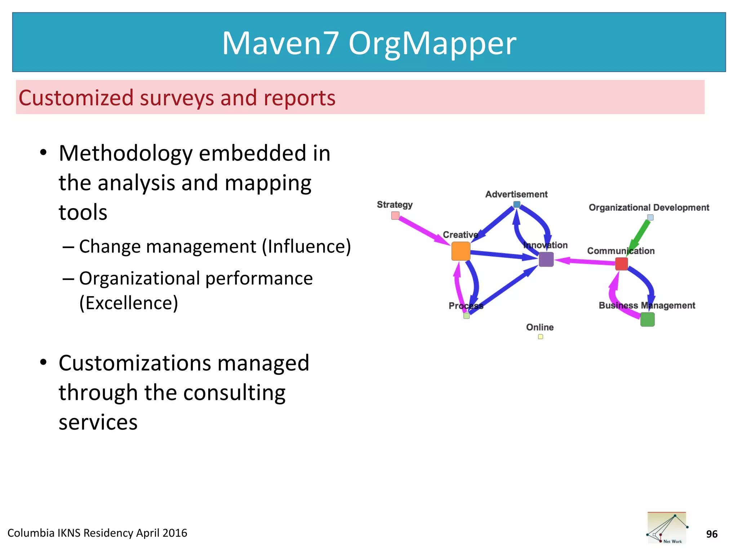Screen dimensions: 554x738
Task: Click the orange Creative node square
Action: pyautogui.click(x=461, y=251)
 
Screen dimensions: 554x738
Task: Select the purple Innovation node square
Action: pyautogui.click(x=546, y=259)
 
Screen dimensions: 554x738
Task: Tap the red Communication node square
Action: pyautogui.click(x=621, y=264)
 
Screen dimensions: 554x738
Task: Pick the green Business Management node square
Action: pyautogui.click(x=647, y=320)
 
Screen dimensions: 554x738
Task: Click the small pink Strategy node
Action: pyautogui.click(x=395, y=216)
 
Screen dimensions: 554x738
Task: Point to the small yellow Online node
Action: pyautogui.click(x=540, y=337)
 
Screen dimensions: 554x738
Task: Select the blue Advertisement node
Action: pyautogui.click(x=517, y=205)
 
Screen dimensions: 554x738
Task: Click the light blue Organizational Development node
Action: pyautogui.click(x=650, y=217)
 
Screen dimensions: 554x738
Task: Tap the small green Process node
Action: pyautogui.click(x=466, y=316)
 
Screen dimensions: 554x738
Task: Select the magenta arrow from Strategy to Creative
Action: pyautogui.click(x=423, y=231)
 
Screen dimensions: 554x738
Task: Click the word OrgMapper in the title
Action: pyautogui.click(x=432, y=43)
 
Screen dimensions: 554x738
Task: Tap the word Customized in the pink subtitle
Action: pyautogui.click(x=76, y=98)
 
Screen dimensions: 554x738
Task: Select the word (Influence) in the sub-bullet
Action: pyautogui.click(x=306, y=247)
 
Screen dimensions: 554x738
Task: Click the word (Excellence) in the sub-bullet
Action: pyautogui.click(x=129, y=303)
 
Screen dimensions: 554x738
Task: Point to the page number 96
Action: pyautogui.click(x=712, y=534)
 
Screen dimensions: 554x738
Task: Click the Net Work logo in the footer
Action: pyautogui.click(x=667, y=528)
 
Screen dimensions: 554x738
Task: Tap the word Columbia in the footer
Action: pyautogui.click(x=31, y=533)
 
